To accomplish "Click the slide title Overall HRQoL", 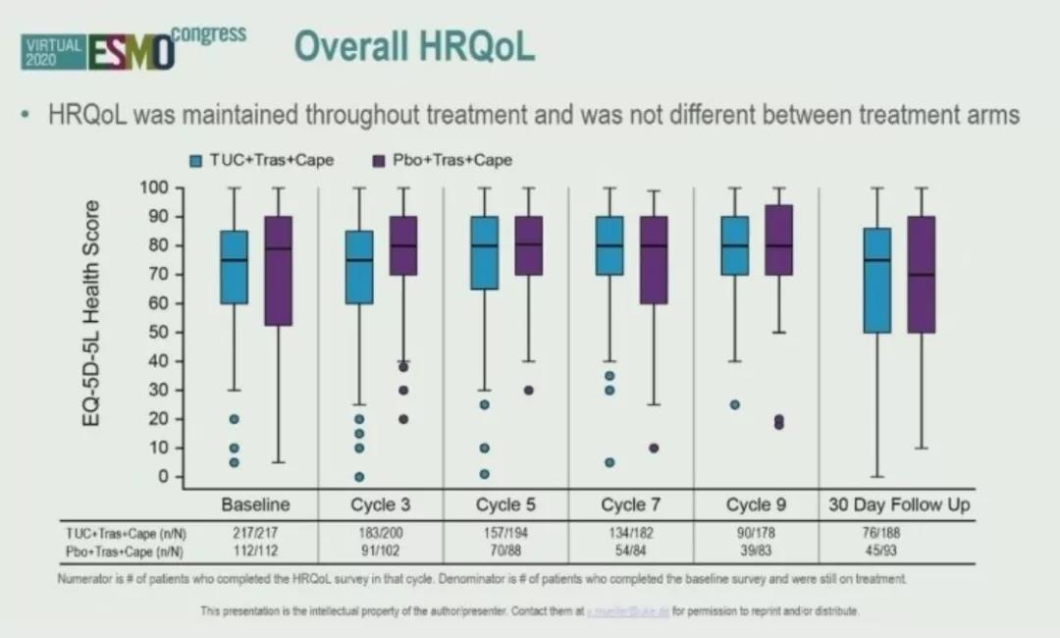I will click(x=414, y=46).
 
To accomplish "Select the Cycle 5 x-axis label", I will click(x=506, y=505).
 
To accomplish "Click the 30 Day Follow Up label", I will click(x=899, y=505).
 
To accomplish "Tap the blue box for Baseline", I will click(x=234, y=267).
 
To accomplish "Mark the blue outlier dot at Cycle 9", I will click(x=735, y=404).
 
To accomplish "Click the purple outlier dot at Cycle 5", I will click(x=528, y=390).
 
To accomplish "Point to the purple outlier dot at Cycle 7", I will click(x=654, y=448).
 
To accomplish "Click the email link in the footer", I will click(x=627, y=611).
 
